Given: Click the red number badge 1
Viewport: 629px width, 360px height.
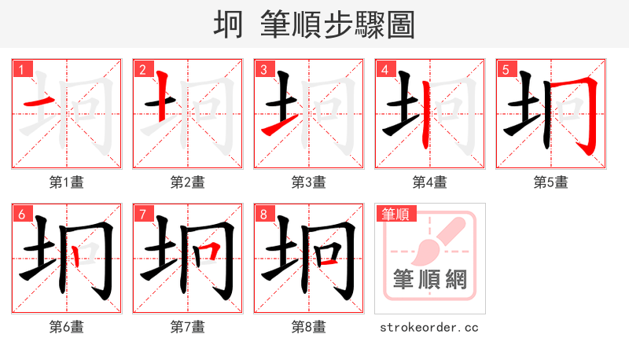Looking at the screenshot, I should coord(22,70).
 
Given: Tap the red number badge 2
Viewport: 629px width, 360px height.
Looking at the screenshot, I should coord(143,70).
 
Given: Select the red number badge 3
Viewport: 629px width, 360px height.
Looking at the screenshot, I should coord(264,70).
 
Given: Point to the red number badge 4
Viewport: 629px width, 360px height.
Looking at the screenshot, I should coord(385,70).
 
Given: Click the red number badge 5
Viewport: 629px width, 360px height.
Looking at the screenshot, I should coord(506,70).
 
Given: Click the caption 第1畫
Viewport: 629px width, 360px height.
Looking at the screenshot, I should coord(67,182).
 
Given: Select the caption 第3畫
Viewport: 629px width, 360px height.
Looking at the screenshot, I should coord(309,182).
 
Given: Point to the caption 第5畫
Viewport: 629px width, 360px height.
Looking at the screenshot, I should coord(551,182).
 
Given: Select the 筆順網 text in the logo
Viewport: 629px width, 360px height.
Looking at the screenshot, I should coord(429,278).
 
